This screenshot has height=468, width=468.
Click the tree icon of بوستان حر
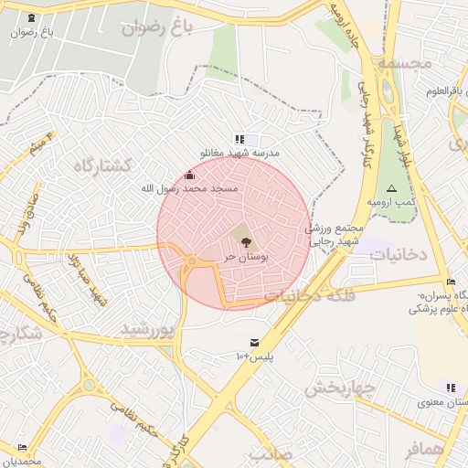point(244,241)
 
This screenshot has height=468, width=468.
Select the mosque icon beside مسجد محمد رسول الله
point(190,175)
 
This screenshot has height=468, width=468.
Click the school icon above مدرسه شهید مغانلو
point(239,140)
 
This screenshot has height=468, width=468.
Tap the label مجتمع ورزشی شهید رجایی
point(335,234)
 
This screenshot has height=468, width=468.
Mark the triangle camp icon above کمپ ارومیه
point(392,187)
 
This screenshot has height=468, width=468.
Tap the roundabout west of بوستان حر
point(190,263)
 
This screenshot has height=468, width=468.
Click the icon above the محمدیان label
point(22,447)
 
